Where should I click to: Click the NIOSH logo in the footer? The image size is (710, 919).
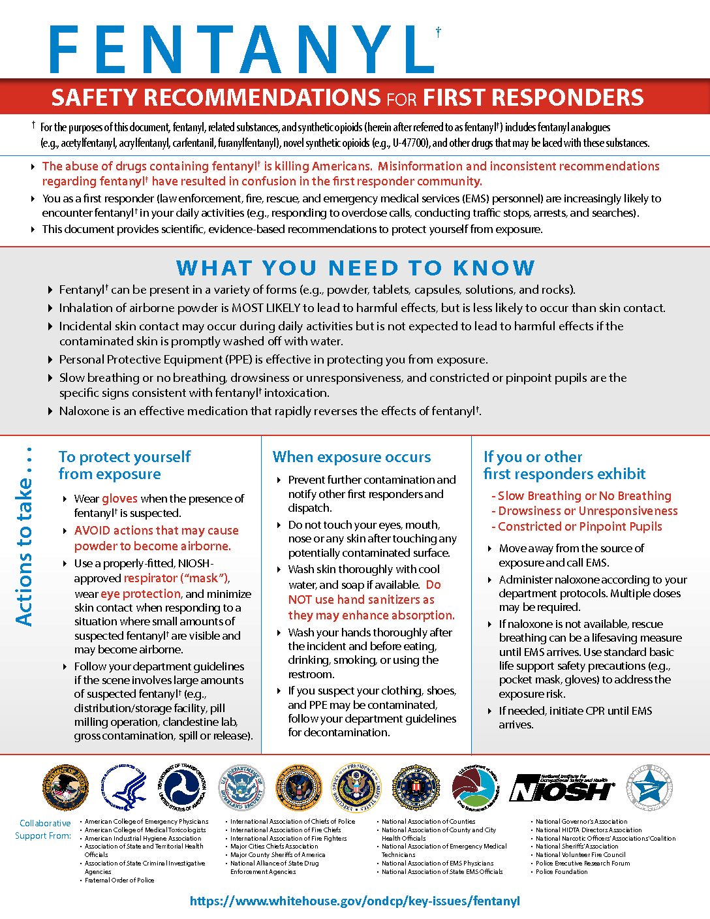pyautogui.click(x=562, y=788)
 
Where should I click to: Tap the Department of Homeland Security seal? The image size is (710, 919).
pyautogui.click(x=241, y=788)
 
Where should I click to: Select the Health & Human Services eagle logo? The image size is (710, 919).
pyautogui.click(x=124, y=788)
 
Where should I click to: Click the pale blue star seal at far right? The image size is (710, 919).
pyautogui.click(x=649, y=788)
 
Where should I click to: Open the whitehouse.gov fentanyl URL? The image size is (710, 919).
pyautogui.click(x=355, y=901)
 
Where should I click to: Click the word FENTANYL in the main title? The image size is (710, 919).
pyautogui.click(x=241, y=50)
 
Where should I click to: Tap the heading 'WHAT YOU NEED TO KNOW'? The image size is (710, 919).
pyautogui.click(x=355, y=268)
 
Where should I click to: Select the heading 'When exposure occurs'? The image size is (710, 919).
pyautogui.click(x=352, y=457)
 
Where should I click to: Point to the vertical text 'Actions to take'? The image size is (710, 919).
pyautogui.click(x=24, y=535)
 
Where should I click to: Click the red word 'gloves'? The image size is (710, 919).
pyautogui.click(x=119, y=499)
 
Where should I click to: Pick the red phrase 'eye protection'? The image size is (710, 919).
pyautogui.click(x=140, y=594)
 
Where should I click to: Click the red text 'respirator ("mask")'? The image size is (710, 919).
pyautogui.click(x=176, y=578)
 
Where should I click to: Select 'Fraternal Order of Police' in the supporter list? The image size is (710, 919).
pyautogui.click(x=119, y=880)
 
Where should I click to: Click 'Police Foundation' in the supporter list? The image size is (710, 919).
pyautogui.click(x=562, y=871)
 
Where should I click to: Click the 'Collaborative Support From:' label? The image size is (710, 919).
pyautogui.click(x=44, y=830)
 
